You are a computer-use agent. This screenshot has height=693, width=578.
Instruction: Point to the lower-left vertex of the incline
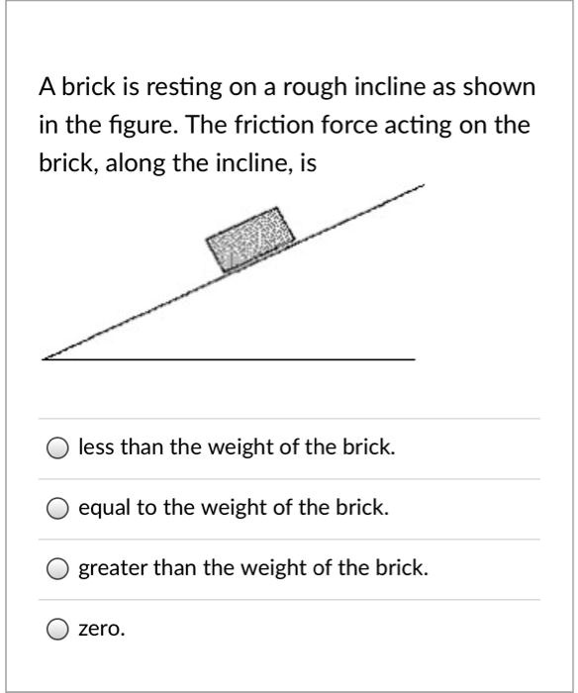45,358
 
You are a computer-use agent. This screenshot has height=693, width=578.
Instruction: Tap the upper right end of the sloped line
423,185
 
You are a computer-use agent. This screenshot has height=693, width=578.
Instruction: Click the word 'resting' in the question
180,87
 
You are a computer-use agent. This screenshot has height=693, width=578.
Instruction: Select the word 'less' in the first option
96,447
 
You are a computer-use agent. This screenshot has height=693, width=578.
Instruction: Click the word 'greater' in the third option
111,569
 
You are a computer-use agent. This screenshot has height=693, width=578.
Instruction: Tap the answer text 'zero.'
102,629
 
